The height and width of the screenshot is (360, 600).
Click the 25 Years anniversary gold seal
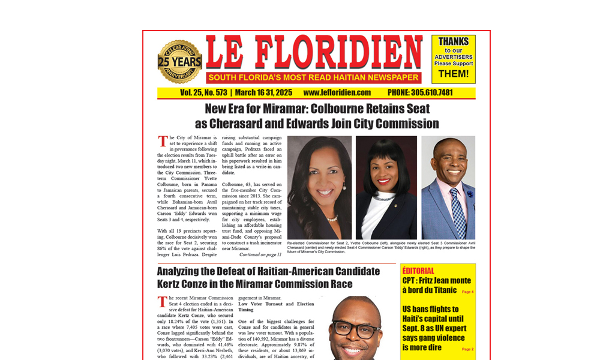point(179,62)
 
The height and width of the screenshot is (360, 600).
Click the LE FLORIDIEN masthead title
point(314,53)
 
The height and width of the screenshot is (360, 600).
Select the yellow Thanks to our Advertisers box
point(453,59)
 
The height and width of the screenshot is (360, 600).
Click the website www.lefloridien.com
point(337,93)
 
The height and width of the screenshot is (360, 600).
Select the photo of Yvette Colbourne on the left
point(319,187)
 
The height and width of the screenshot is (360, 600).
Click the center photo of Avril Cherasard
point(386,187)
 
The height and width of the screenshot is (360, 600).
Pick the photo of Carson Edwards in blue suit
point(448,187)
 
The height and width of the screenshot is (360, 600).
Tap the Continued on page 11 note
point(260,255)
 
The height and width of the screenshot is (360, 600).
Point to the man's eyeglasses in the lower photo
point(355,329)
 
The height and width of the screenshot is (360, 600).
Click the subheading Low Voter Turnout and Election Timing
point(275,307)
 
